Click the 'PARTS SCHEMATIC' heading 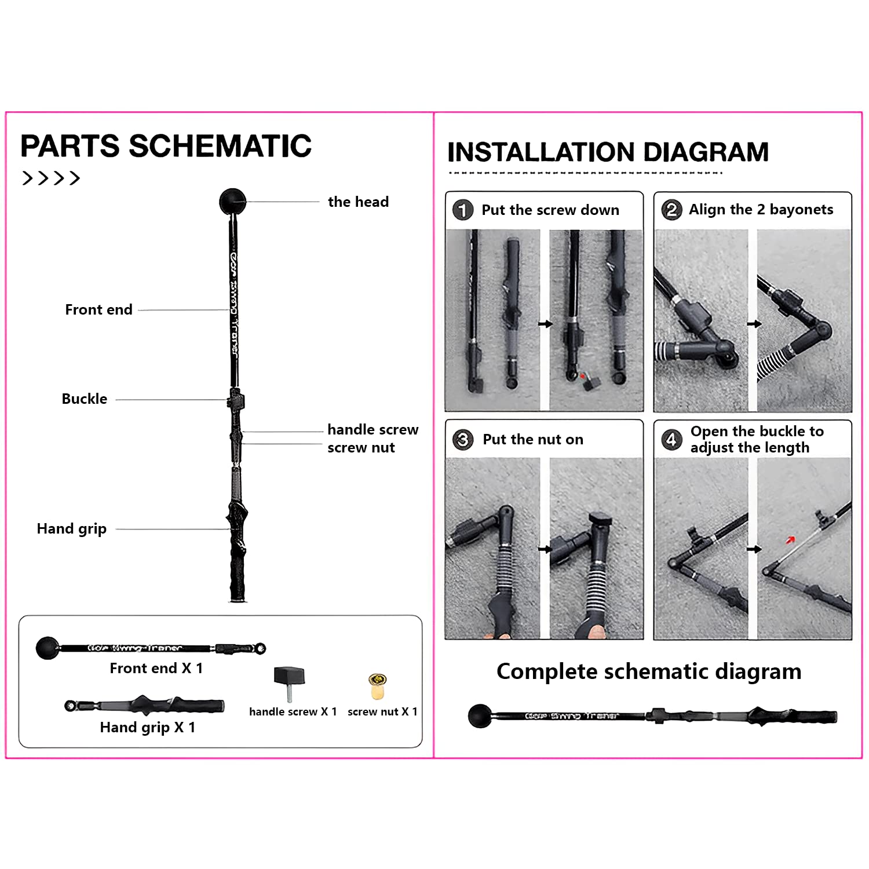click(x=166, y=145)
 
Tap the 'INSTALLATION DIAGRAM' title click(x=608, y=152)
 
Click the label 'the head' click(x=358, y=202)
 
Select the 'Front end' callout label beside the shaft click(x=98, y=309)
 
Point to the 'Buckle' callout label click(x=85, y=399)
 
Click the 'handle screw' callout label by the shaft click(x=373, y=429)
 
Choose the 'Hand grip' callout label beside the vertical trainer click(x=71, y=529)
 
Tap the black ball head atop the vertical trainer click(x=232, y=202)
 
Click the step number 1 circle click(x=463, y=210)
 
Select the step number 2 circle click(x=671, y=209)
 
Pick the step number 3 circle click(x=463, y=439)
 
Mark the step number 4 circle click(x=671, y=439)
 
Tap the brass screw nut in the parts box click(x=377, y=687)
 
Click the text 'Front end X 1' click(x=156, y=668)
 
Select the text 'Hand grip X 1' click(x=147, y=727)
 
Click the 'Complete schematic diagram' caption click(x=649, y=671)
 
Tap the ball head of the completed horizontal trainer click(x=480, y=715)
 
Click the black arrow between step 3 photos click(x=545, y=549)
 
